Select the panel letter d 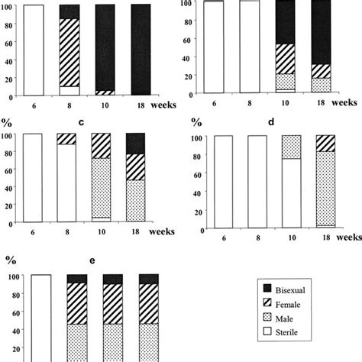point(269,120)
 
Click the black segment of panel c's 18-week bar point(135,144)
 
